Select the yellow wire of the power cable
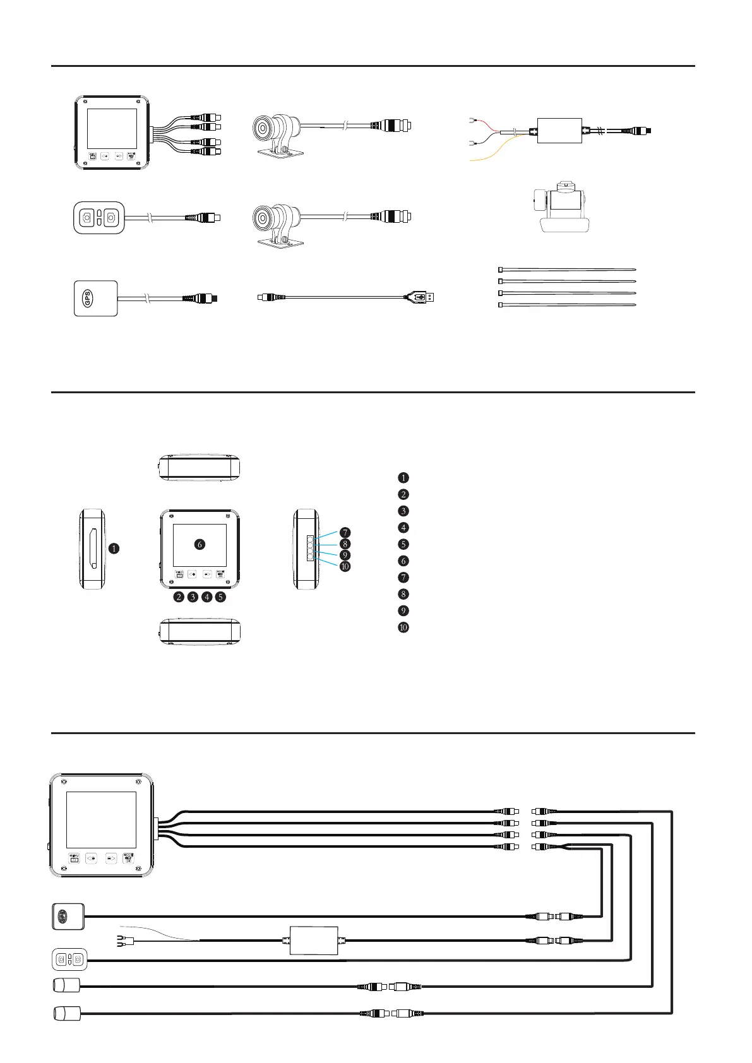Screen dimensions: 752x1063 click(x=492, y=151)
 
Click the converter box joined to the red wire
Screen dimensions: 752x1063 click(x=559, y=131)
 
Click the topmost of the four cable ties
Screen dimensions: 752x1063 click(x=567, y=270)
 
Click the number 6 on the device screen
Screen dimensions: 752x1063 click(x=200, y=544)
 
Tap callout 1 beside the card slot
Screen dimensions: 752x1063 click(x=113, y=549)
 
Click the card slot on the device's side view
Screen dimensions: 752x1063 click(x=93, y=549)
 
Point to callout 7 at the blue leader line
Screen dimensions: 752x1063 click(x=345, y=533)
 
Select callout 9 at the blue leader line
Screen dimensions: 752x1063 click(x=345, y=555)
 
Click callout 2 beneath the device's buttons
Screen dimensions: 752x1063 click(x=179, y=597)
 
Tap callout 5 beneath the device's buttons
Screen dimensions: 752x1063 click(x=220, y=597)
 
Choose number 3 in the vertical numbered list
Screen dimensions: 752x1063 click(x=403, y=511)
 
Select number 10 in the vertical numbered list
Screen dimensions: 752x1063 click(x=403, y=627)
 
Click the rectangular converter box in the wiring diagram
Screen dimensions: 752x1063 click(x=314, y=941)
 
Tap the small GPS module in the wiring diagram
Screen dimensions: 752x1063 click(x=67, y=916)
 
